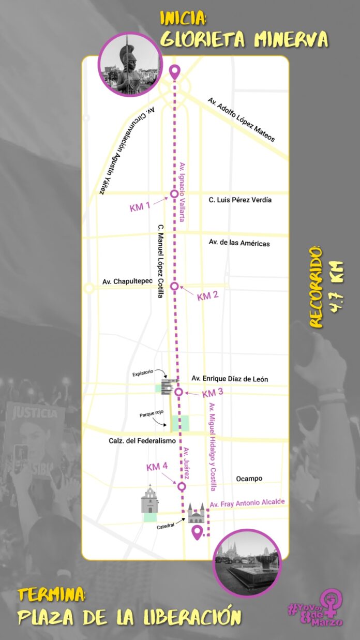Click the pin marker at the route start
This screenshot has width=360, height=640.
click(x=175, y=72)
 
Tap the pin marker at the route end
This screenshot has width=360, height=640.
click(x=197, y=532)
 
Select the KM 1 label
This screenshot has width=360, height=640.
click(x=140, y=207)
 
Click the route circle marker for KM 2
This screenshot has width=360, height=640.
click(x=175, y=286)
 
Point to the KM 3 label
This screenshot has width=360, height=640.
click(x=213, y=393)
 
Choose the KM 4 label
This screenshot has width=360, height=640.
click(x=157, y=467)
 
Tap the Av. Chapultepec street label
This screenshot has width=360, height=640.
click(x=125, y=281)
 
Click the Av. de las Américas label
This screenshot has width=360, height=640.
click(x=239, y=243)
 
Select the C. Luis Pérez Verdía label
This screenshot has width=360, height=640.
click(x=240, y=200)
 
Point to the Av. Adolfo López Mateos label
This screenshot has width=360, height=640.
click(x=241, y=120)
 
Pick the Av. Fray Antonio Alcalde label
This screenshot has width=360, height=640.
click(x=247, y=503)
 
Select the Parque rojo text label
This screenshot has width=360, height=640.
click(x=151, y=414)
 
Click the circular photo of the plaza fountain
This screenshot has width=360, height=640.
click(x=247, y=563)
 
